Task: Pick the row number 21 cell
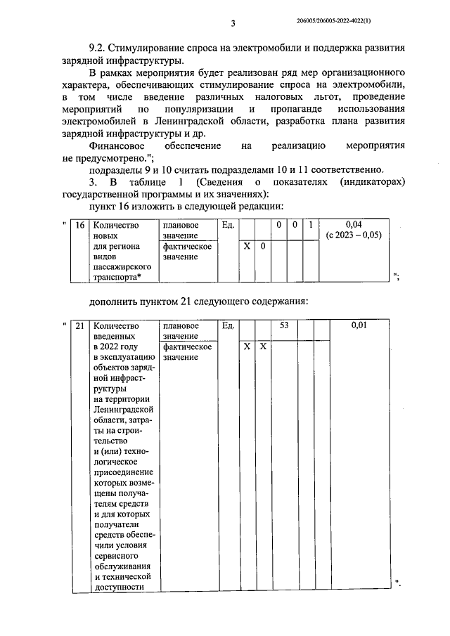tap(80, 326)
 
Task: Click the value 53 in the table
tap(284, 326)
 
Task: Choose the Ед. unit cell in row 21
tap(228, 326)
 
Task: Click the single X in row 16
tap(246, 247)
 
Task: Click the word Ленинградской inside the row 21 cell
tap(123, 409)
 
